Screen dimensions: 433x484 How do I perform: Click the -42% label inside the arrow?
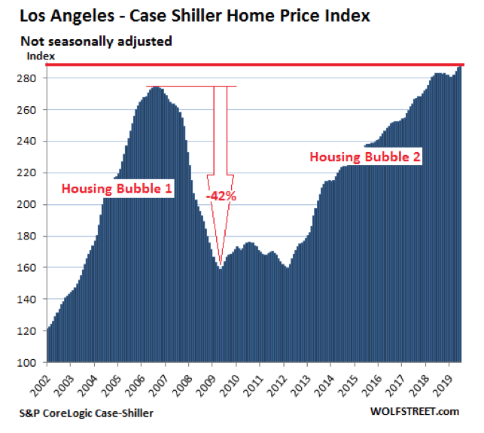(220, 196)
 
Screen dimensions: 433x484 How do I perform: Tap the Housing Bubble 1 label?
(117, 188)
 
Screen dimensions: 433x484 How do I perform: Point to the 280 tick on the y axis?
(34, 78)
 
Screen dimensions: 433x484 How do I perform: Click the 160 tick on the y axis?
(34, 267)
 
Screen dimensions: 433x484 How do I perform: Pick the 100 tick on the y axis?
(34, 362)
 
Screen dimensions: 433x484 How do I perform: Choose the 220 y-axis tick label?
(34, 173)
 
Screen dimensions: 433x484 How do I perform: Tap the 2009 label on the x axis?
(215, 383)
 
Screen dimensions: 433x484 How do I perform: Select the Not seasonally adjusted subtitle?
(96, 41)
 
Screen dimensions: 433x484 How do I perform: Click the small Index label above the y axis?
(37, 55)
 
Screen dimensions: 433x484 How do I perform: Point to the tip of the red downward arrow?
(220, 264)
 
